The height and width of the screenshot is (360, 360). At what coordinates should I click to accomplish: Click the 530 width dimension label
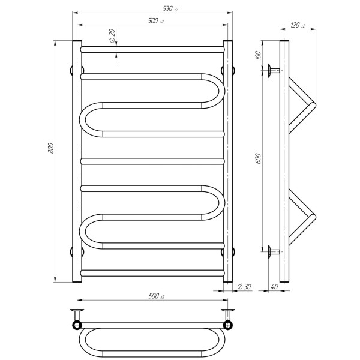[170, 9]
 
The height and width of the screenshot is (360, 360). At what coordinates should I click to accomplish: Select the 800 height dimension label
[51, 148]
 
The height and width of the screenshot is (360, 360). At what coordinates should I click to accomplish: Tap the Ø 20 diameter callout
[112, 35]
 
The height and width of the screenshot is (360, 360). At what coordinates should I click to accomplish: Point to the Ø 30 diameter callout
[244, 287]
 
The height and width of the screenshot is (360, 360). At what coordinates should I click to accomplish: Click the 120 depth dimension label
[298, 25]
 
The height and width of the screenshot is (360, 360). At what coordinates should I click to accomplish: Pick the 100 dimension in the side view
[258, 56]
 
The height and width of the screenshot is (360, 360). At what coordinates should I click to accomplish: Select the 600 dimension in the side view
[258, 158]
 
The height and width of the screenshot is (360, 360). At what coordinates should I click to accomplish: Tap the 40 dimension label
[275, 287]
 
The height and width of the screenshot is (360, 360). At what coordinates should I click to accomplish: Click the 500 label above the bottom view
[157, 296]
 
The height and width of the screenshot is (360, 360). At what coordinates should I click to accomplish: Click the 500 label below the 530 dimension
[155, 21]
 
